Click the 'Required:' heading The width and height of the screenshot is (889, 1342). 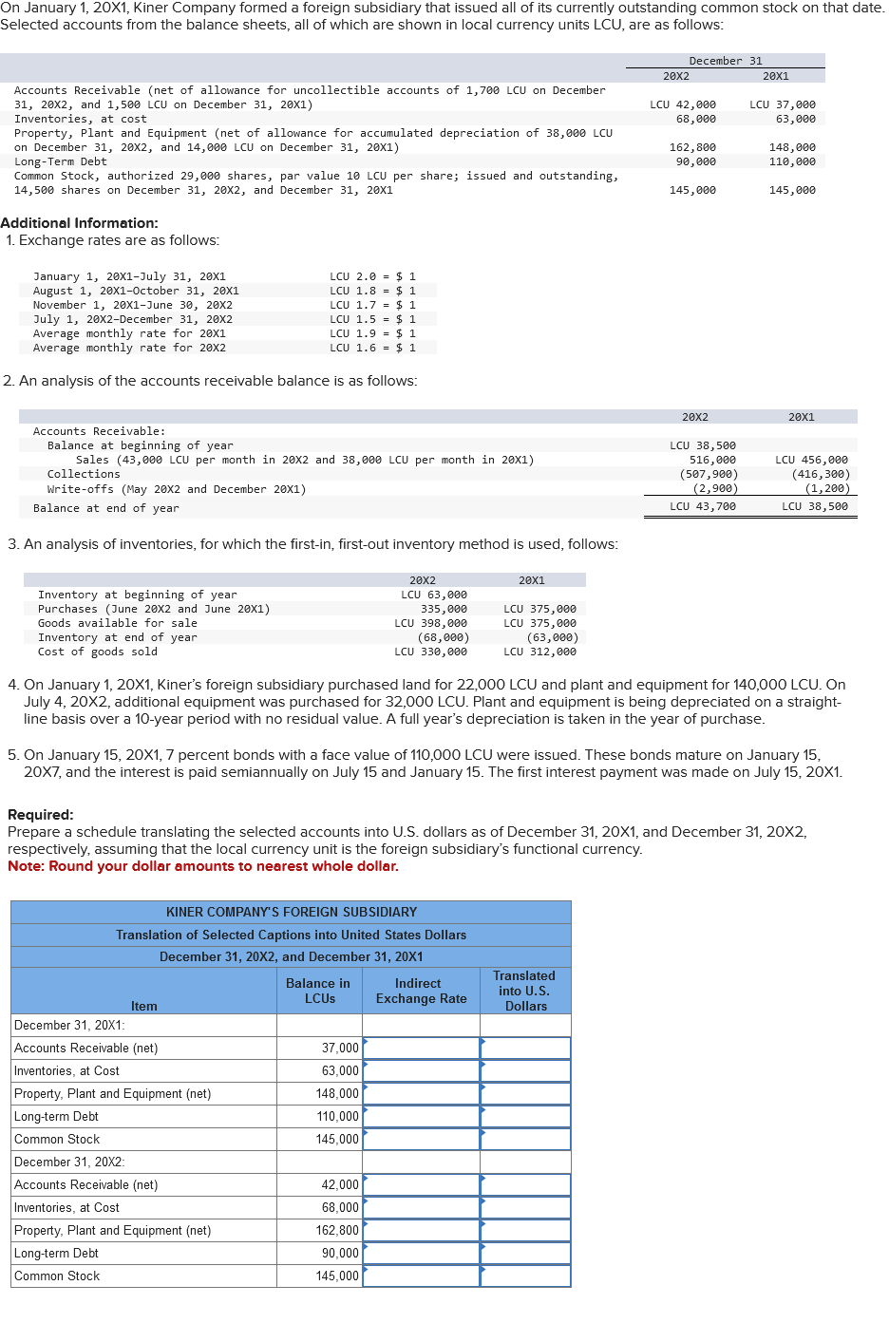coord(41,815)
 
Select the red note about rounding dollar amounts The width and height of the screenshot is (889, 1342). coord(203,866)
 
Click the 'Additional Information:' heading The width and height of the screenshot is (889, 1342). coord(79,223)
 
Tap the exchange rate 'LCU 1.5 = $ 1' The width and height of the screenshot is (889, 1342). coord(372,319)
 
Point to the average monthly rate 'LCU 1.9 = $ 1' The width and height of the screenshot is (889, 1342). coord(372,333)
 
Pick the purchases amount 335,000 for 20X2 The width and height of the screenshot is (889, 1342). coord(444,609)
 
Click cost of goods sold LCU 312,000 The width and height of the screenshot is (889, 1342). coord(539,652)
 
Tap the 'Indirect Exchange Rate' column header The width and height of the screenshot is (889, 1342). coord(421,991)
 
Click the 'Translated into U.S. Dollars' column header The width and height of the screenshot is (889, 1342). coord(525,991)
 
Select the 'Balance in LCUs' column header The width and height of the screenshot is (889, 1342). coord(319,991)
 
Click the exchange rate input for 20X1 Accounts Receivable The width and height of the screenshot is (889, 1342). coord(421,1049)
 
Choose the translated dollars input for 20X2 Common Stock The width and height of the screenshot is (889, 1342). coord(525,1276)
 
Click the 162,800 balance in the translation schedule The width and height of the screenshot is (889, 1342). coord(337,1231)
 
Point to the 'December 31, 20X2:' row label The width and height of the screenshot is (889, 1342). coord(69,1162)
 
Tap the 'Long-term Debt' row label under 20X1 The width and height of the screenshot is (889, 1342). coord(56,1117)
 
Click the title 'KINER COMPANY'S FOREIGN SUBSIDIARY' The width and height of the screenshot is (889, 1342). coord(292,912)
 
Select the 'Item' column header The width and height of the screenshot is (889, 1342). coord(144,1006)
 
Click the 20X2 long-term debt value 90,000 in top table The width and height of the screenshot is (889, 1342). coord(695,161)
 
